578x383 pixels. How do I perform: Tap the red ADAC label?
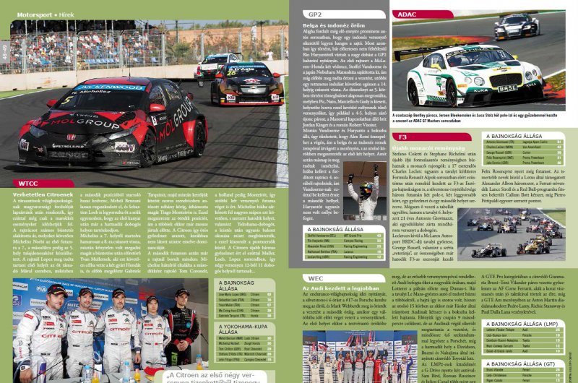(407, 14)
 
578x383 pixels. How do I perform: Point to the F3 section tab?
(404, 136)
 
